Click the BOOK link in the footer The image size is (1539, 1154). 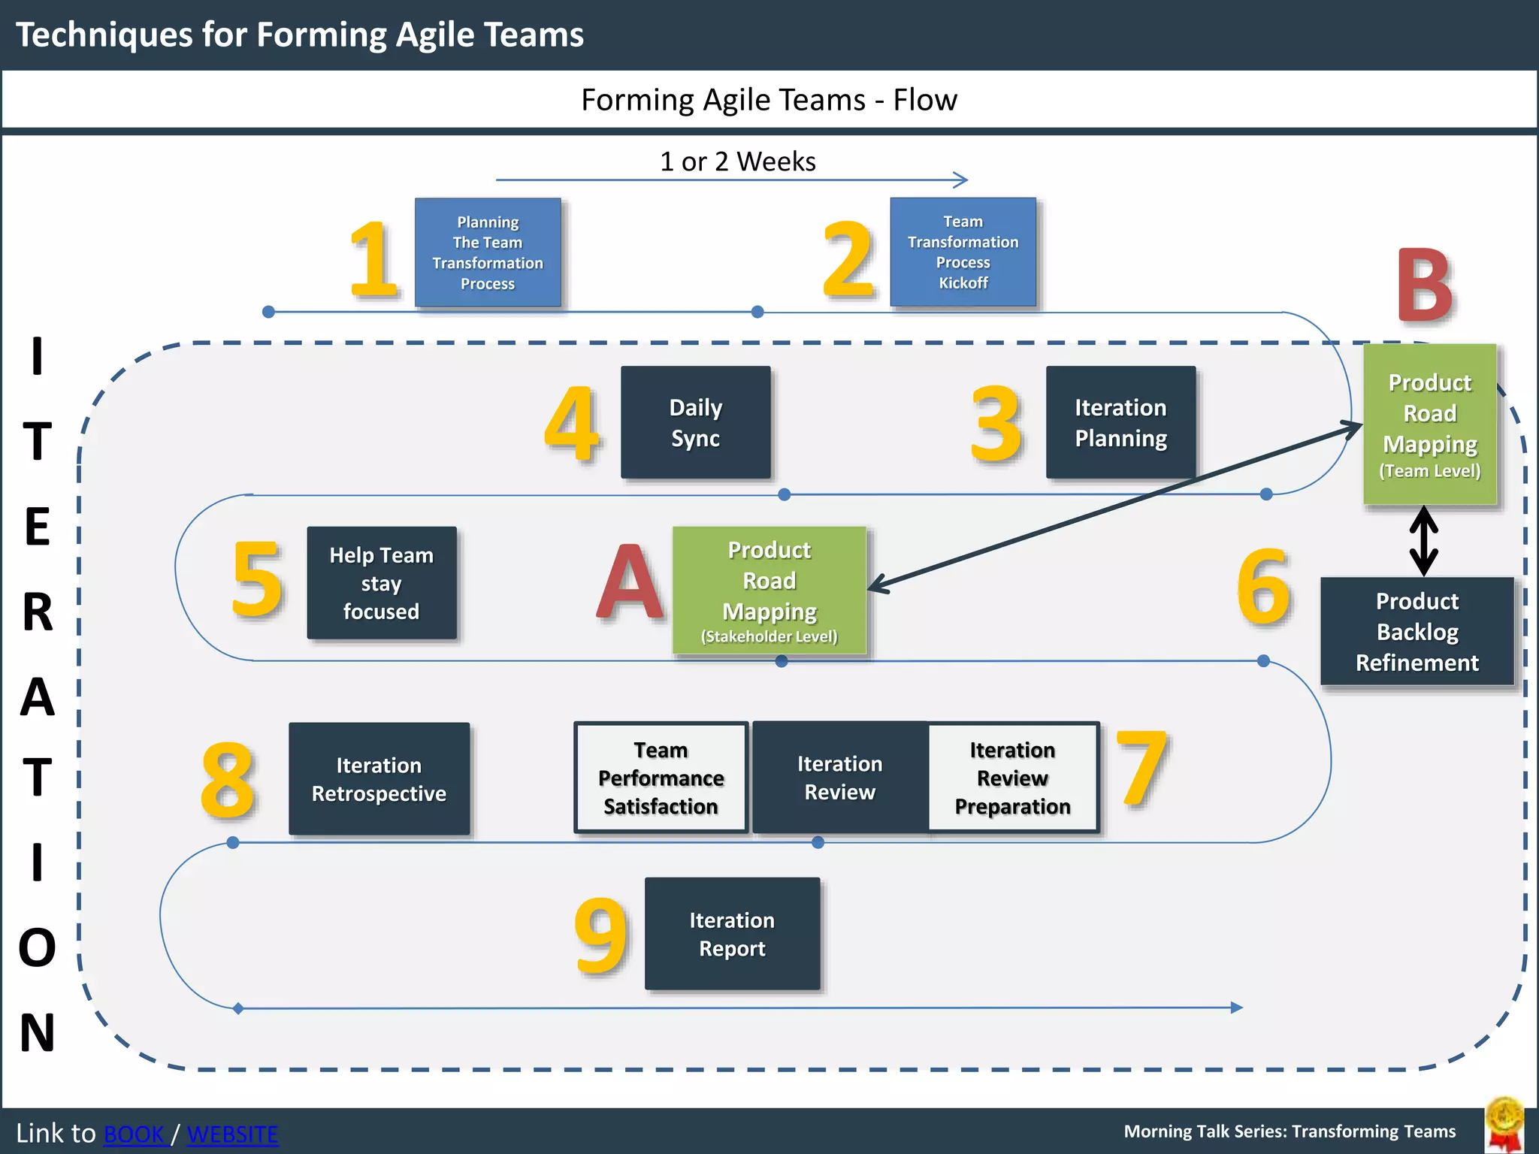pos(134,1134)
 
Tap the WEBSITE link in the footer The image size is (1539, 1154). pos(232,1134)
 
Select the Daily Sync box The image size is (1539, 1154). pos(696,423)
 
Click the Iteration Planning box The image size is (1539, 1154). pos(1120,423)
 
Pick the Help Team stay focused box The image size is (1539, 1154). pos(382,583)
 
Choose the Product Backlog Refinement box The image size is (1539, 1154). pos(1417,632)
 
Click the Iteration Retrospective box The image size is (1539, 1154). pos(379,779)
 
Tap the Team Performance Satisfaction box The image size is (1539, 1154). pos(661,778)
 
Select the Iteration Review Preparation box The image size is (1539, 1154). pos(1013,778)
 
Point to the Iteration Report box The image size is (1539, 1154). pos(733,934)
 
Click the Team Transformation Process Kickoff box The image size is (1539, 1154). pos(963,252)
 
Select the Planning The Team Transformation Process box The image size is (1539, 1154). pos(488,252)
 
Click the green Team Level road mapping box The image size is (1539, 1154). pos(1430,424)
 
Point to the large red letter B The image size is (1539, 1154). pos(1424,285)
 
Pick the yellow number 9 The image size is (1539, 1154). pos(600,935)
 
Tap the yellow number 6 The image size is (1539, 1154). pos(1264,586)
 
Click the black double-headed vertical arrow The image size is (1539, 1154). pos(1424,541)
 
